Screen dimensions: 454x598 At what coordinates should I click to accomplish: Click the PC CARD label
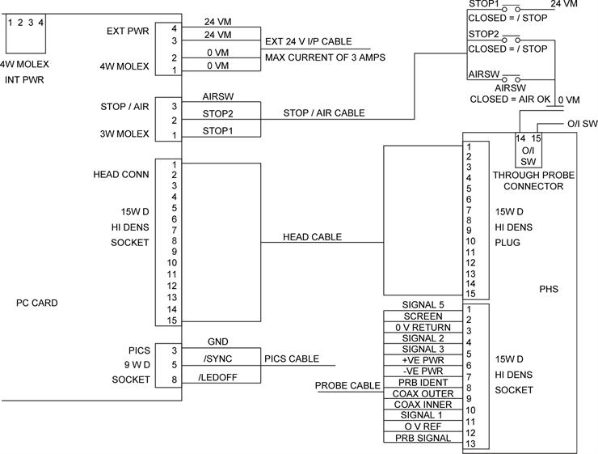37,303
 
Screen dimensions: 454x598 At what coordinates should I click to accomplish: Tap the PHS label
548,289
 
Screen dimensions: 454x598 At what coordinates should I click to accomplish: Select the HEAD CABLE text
312,237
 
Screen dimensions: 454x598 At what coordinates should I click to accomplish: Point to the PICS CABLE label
291,359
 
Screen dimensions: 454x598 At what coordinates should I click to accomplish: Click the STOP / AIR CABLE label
323,113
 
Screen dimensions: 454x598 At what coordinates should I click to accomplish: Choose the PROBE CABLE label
347,385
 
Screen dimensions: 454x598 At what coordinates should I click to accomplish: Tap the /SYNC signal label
218,359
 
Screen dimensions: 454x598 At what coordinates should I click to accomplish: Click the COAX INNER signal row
422,405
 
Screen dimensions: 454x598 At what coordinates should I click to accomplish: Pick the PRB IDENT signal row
422,383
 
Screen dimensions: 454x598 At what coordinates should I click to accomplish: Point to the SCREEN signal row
422,316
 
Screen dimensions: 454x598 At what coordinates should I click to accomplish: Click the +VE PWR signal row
422,360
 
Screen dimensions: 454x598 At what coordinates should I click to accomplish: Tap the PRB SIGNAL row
422,438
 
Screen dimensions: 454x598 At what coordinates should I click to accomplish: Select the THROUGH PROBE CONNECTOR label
527,180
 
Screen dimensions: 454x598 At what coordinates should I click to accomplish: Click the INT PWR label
24,79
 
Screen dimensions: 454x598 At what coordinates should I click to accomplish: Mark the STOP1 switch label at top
484,4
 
